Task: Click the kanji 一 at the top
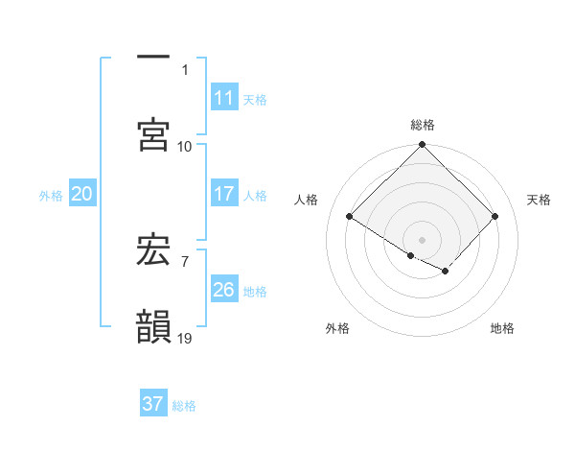[x=153, y=58]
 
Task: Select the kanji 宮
[x=153, y=134]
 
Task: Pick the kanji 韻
[x=153, y=326]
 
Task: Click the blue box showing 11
[x=223, y=98]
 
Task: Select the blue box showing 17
[x=223, y=194]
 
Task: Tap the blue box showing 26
[x=223, y=290]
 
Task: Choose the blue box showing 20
[x=81, y=194]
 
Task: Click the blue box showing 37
[x=153, y=404]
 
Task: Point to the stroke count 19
[x=185, y=338]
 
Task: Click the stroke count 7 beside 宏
[x=184, y=260]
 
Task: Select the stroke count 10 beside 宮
[x=185, y=146]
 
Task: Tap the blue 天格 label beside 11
[x=255, y=99]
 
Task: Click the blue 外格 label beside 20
[x=51, y=195]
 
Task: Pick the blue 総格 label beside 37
[x=184, y=405]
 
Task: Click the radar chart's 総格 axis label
[x=423, y=125]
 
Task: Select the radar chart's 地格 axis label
[x=502, y=328]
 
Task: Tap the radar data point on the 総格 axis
[x=423, y=145]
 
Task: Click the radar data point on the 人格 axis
[x=350, y=217]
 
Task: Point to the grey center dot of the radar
[x=423, y=239]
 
